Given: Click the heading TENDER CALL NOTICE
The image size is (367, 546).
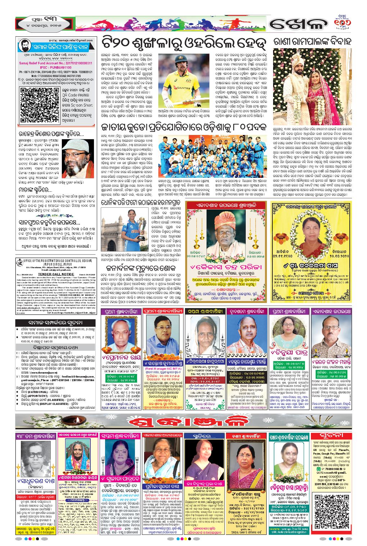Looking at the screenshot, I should coord(56,274).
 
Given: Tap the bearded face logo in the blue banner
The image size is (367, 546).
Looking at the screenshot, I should coord(24,47).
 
